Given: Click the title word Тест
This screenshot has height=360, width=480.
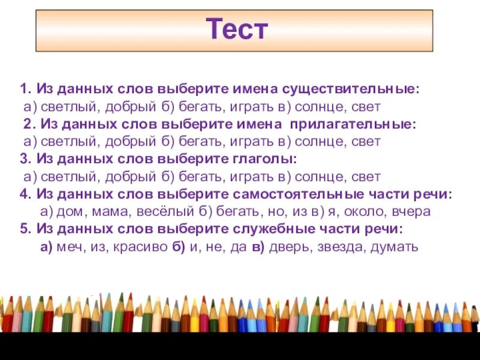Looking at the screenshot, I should pyautogui.click(x=236, y=29).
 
